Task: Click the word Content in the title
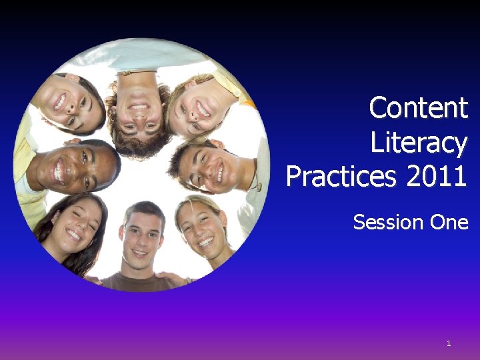click(x=419, y=107)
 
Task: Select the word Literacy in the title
click(x=419, y=143)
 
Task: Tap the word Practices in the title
click(x=341, y=176)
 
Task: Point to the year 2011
click(x=437, y=176)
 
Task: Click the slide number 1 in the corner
click(x=449, y=343)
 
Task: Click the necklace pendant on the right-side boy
click(x=259, y=187)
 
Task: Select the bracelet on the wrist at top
click(x=137, y=72)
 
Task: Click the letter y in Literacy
click(x=461, y=147)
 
